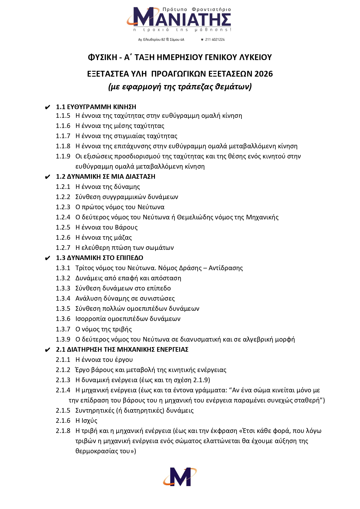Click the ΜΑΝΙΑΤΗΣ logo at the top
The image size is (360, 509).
(179, 19)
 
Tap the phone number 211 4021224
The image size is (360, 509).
(215, 39)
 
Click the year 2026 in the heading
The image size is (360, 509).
(264, 74)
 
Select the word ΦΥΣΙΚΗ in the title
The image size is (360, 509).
(102, 57)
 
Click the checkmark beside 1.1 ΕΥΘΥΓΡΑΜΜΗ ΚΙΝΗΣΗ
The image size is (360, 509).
(48, 107)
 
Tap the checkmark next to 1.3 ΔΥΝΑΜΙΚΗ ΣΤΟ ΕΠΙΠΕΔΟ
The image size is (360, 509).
(48, 258)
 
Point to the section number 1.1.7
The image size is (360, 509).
(63, 136)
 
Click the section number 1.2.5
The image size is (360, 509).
(63, 227)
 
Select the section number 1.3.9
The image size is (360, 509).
(63, 339)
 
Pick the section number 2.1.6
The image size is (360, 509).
(63, 420)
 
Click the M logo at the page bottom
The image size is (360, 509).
(180, 476)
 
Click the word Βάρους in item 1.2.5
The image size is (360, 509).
(126, 227)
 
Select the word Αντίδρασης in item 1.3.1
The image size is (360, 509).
(226, 268)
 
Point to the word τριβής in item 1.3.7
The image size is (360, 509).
(123, 329)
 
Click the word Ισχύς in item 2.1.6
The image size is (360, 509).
(89, 420)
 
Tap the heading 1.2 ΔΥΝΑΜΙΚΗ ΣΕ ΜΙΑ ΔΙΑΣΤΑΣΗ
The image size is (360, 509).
(106, 176)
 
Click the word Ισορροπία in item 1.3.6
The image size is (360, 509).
(91, 319)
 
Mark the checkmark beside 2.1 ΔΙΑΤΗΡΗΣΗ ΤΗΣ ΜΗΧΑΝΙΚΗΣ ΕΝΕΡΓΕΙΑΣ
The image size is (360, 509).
(48, 350)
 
